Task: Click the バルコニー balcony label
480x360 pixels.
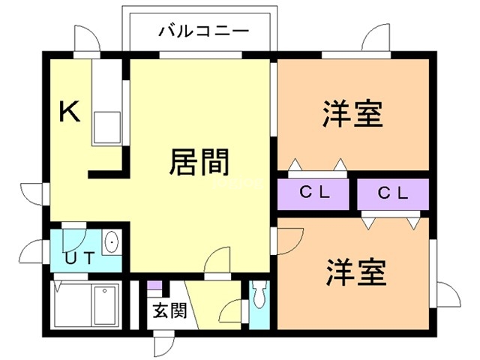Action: [x=203, y=32]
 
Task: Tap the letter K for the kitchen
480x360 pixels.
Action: [x=69, y=112]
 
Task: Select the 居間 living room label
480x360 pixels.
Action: [x=199, y=161]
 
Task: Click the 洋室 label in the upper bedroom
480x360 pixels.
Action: [x=353, y=115]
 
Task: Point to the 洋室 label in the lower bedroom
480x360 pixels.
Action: [x=356, y=272]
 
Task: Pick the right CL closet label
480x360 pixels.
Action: [x=393, y=193]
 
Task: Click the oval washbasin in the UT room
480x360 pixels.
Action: [x=112, y=243]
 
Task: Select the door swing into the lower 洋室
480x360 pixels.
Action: [x=289, y=239]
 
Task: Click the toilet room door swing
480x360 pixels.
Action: [x=235, y=309]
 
